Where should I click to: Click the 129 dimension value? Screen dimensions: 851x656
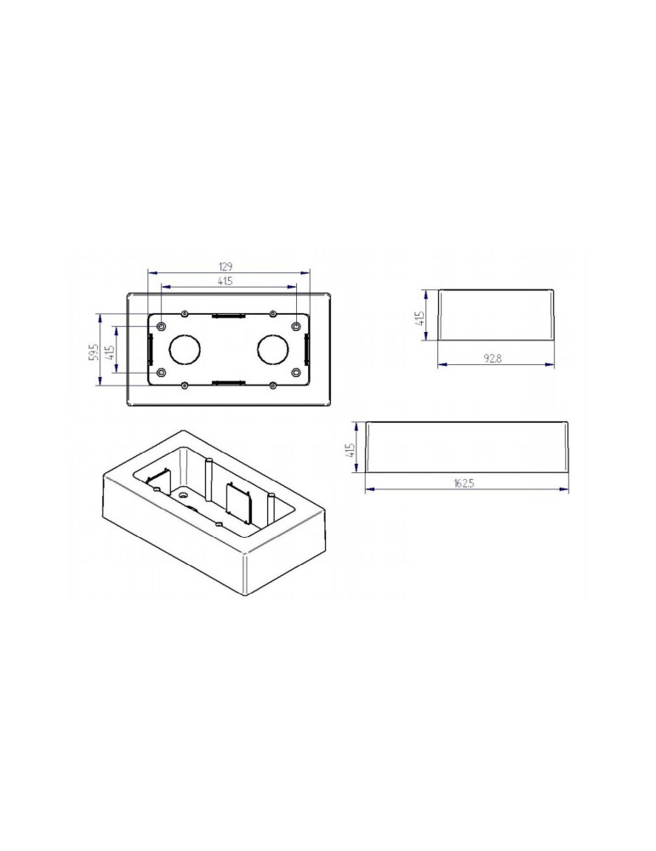point(226,266)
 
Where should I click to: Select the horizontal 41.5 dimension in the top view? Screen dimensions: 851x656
point(226,281)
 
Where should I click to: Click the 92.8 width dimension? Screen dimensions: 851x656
point(493,358)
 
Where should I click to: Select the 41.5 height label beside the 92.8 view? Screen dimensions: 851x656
point(419,318)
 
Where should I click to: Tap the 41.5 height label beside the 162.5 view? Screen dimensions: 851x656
point(350,448)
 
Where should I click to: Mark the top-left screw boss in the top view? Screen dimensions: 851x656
point(161,326)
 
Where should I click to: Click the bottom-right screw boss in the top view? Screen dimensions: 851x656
point(295,373)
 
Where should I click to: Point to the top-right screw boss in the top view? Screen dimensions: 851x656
point(295,326)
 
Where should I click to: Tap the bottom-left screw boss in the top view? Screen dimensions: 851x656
point(161,373)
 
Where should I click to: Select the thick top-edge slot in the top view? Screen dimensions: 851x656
point(228,317)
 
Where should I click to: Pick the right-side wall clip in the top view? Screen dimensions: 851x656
point(305,349)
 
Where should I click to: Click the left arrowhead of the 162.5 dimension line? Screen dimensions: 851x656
point(369,489)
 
